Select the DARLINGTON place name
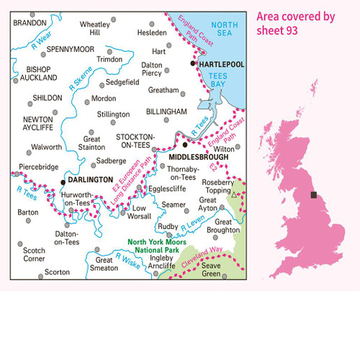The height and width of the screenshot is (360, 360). point(91,180)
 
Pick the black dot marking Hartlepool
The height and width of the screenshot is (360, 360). point(192,64)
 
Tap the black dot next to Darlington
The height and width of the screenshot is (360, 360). point(63,180)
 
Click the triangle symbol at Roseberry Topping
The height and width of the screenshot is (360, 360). point(235,194)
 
